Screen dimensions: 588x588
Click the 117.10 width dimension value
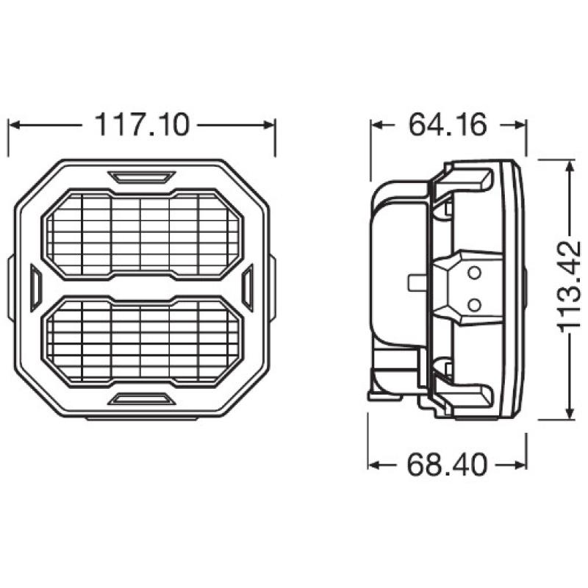pos(141,125)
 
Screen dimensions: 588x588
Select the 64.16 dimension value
pos(448,125)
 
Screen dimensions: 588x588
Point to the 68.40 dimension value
pos(448,465)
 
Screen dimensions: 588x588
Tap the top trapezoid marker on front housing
pos(141,176)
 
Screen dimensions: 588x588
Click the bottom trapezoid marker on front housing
pos(141,398)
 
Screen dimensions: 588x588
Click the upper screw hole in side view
pos(474,273)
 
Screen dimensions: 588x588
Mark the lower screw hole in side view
pos(474,303)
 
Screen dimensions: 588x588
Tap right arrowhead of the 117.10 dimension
pos(270,125)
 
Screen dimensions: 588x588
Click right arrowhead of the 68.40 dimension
pos(521,465)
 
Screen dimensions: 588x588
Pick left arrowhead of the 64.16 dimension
pos(376,125)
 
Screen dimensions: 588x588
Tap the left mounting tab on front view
pos(10,288)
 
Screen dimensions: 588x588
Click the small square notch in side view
pos(414,282)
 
